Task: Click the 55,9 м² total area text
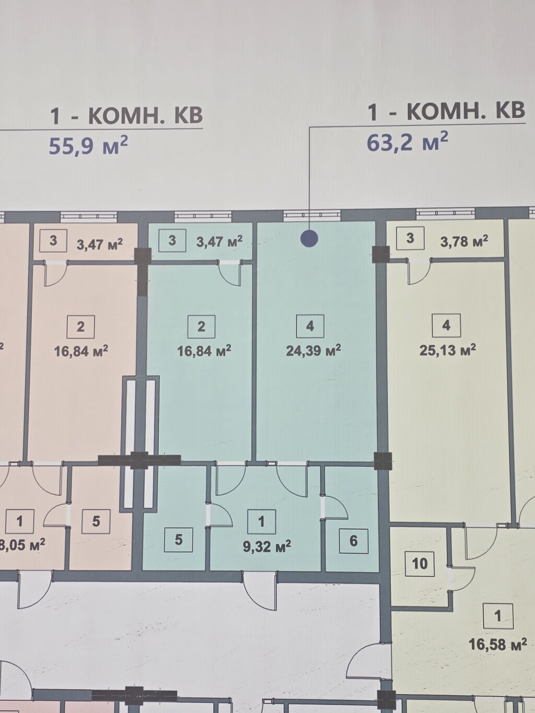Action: click(x=88, y=145)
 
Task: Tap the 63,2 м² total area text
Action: click(x=408, y=142)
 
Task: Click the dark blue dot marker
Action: click(x=309, y=239)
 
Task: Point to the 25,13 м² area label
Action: click(x=448, y=350)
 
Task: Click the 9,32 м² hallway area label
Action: click(x=266, y=547)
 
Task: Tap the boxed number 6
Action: click(x=353, y=541)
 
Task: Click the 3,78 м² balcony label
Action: click(x=464, y=241)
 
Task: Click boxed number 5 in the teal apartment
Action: click(x=178, y=540)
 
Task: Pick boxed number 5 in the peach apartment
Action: click(x=96, y=521)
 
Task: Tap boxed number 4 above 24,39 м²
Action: click(x=310, y=326)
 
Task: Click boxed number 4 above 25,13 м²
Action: click(x=446, y=325)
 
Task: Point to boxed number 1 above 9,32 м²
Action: click(x=261, y=522)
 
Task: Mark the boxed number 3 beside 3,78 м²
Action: click(x=410, y=238)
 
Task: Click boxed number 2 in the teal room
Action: click(x=201, y=326)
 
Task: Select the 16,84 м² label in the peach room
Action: click(x=81, y=351)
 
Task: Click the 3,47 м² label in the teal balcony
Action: click(x=219, y=242)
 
